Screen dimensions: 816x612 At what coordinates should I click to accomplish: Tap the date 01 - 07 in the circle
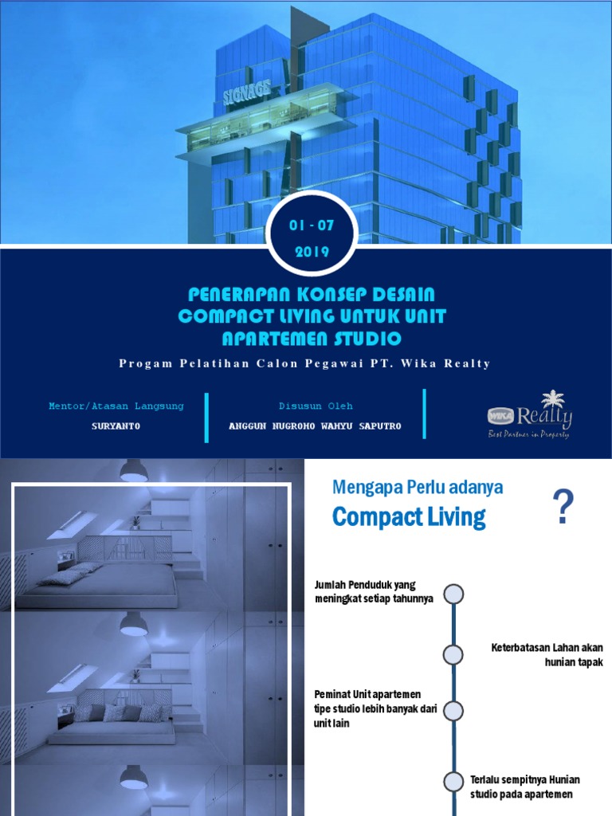point(312,226)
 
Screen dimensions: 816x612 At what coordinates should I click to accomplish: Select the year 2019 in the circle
point(312,252)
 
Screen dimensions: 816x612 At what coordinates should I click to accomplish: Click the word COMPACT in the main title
point(218,316)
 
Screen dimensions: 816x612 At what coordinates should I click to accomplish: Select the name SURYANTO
point(116,426)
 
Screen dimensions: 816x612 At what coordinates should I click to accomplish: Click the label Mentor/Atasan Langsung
point(116,406)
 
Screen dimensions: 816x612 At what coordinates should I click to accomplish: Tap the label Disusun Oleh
point(316,406)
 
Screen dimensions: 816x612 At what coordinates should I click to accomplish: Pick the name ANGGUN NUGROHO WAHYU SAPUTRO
point(316,426)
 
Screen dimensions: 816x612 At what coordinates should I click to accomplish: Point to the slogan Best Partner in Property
point(530,434)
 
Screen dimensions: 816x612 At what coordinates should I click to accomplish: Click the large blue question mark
point(563,508)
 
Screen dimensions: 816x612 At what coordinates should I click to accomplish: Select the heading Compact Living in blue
point(409,517)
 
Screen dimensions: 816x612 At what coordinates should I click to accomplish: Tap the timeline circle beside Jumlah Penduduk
point(453,594)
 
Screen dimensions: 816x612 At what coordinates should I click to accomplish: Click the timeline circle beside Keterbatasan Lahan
point(453,654)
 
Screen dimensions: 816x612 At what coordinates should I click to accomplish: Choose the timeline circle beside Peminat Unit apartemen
point(453,709)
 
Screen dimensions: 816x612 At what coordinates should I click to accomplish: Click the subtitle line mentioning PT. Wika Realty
point(305,363)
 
